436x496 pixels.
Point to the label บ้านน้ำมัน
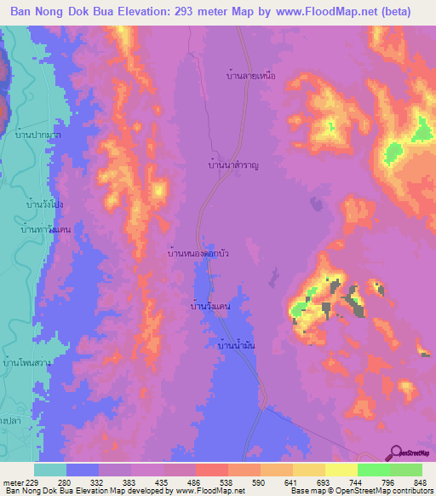[234, 345]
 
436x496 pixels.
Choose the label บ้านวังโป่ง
[45, 205]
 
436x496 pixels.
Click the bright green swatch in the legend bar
[373, 470]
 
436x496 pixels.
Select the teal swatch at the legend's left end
[50, 470]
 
